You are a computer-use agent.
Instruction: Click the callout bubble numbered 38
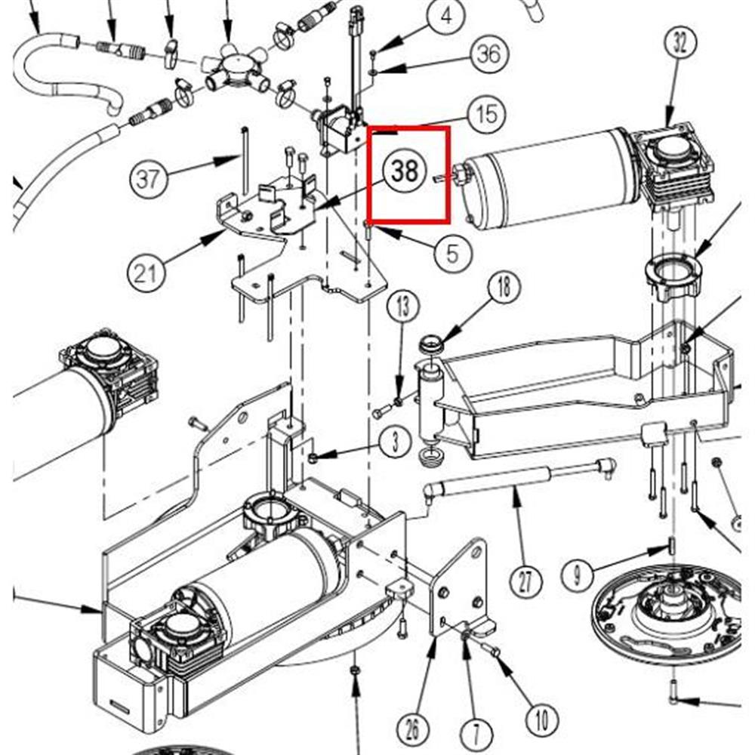[x=405, y=171]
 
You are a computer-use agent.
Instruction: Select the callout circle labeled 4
[x=446, y=17]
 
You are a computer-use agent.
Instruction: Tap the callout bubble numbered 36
[x=488, y=53]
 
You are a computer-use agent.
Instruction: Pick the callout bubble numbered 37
[x=148, y=179]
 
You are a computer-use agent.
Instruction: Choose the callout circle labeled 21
[x=146, y=273]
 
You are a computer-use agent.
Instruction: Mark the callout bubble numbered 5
[x=453, y=252]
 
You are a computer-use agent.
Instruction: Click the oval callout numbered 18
[x=504, y=288]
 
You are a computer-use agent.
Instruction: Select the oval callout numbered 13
[x=403, y=307]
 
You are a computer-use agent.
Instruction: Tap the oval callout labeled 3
[x=395, y=442]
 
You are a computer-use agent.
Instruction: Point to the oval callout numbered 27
[x=526, y=581]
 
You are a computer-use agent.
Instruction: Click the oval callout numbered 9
[x=577, y=574]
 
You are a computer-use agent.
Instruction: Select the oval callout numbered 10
[x=542, y=720]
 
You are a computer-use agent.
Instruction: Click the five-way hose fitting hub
[x=236, y=68]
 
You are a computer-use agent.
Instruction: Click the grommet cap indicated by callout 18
[x=430, y=345]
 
